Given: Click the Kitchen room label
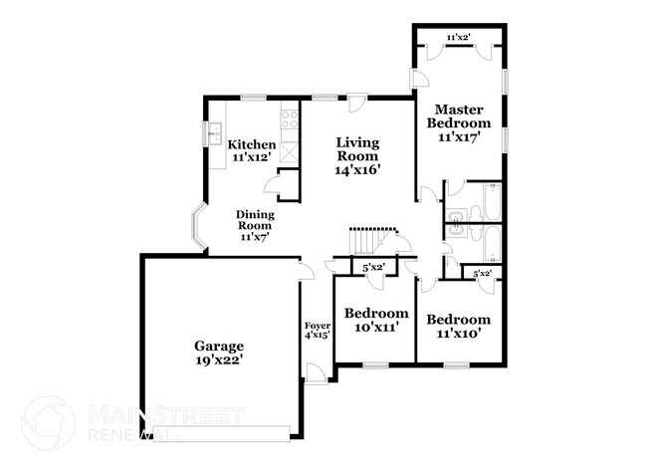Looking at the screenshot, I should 253,150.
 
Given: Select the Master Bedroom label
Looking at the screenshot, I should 459,123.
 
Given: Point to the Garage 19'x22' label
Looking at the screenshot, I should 219,354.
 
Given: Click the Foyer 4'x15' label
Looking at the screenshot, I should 317,330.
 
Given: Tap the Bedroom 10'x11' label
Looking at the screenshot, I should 376,320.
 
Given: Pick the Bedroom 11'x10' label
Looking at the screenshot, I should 459,326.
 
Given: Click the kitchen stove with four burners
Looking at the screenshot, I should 290,120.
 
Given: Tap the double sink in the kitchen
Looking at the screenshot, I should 214,130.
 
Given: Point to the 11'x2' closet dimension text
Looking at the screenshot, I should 458,38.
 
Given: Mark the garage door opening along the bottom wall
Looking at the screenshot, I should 221,430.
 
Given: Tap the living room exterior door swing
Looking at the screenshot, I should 353,103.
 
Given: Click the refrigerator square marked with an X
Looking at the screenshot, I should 289,151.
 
